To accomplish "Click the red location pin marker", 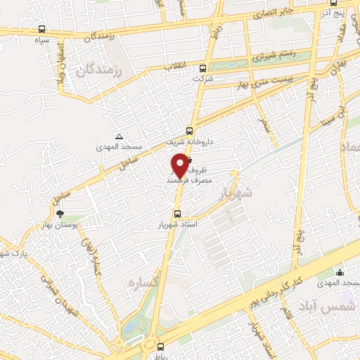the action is coord(181,164).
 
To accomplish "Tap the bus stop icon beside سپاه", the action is coord(43,29).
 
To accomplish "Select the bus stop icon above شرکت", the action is coord(203,68).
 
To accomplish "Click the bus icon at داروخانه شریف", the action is coord(189,130).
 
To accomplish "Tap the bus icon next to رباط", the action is coord(160,346).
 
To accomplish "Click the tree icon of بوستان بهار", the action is coord(59,212).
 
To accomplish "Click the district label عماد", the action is coord(349,148).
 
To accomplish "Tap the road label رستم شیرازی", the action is coord(267,55).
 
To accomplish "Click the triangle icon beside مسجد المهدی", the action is coord(119,136).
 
